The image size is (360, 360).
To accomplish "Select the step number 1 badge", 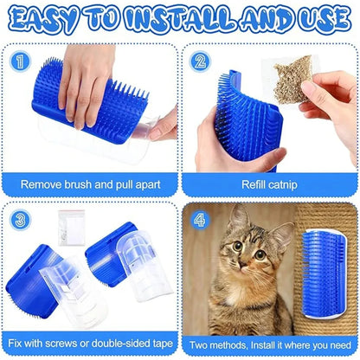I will click(x=20, y=60).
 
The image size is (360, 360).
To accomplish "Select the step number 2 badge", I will click(x=201, y=61).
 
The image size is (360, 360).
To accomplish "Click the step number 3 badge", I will click(x=20, y=220).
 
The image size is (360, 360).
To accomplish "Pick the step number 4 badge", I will click(x=201, y=220).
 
